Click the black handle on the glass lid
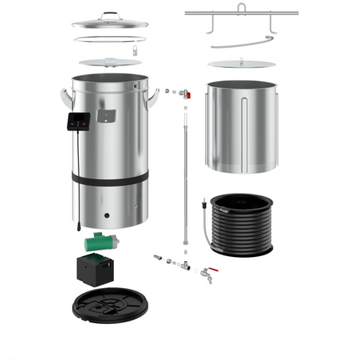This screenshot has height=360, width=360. [111, 13]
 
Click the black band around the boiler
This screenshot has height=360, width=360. [110, 177]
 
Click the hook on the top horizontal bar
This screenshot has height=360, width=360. [240, 8]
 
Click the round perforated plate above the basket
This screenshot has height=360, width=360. [239, 64]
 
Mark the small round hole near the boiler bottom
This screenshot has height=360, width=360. [105, 213]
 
